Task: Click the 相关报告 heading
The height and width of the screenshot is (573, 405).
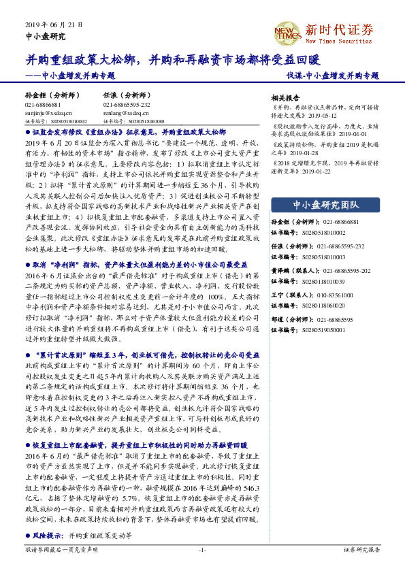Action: [285, 97]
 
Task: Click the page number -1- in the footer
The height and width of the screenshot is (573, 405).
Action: [201, 550]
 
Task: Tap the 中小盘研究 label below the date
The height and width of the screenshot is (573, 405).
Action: [45, 36]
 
